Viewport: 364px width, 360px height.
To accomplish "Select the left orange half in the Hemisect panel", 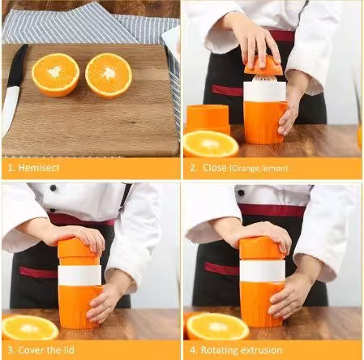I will coord(55,75).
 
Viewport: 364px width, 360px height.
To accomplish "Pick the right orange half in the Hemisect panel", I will coord(108,75).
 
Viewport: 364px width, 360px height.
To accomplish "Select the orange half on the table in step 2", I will coord(210,144).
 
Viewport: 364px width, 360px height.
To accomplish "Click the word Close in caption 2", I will coord(213,168).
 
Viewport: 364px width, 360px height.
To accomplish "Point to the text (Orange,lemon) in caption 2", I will coord(259,169).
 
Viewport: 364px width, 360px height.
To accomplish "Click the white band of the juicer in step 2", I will coord(263,91).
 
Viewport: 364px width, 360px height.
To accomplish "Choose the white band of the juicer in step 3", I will coord(79,275).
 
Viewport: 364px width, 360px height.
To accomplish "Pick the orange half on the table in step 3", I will coord(30,327).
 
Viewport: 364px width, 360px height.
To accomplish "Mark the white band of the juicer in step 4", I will coord(261,270).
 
